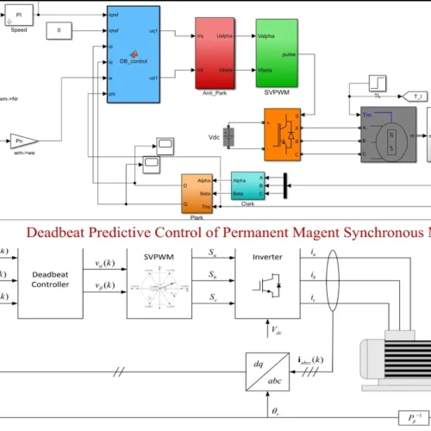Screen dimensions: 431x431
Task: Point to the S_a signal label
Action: coord(213,251)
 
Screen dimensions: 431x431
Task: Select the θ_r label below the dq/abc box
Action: coord(275,412)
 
